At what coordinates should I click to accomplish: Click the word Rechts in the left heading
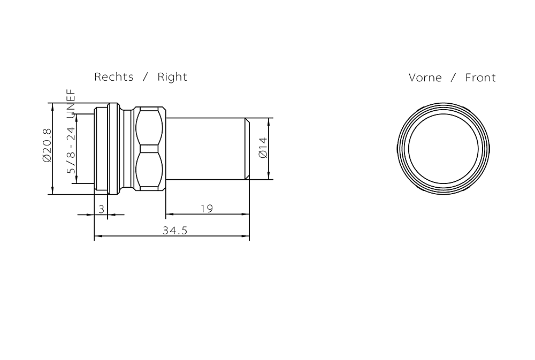tap(114, 77)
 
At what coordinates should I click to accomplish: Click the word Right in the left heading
tap(172, 77)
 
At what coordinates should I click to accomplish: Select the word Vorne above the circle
tap(425, 78)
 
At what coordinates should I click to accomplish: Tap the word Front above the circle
tap(480, 78)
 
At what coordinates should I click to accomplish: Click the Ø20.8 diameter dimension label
tap(47, 145)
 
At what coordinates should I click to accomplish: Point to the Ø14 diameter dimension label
tap(263, 148)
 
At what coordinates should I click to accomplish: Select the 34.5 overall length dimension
tap(175, 231)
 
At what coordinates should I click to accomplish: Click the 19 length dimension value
tap(207, 209)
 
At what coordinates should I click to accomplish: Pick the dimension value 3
tap(102, 209)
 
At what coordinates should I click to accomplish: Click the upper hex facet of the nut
tap(150, 126)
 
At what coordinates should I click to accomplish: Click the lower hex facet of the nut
tap(150, 171)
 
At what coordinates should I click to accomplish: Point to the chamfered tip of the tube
tap(247, 149)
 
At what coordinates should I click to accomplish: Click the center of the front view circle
tap(443, 148)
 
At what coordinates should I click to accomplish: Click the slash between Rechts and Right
tap(146, 77)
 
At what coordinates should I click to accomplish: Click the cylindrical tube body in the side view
tap(206, 149)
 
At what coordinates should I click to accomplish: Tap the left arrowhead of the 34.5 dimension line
tap(97, 236)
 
